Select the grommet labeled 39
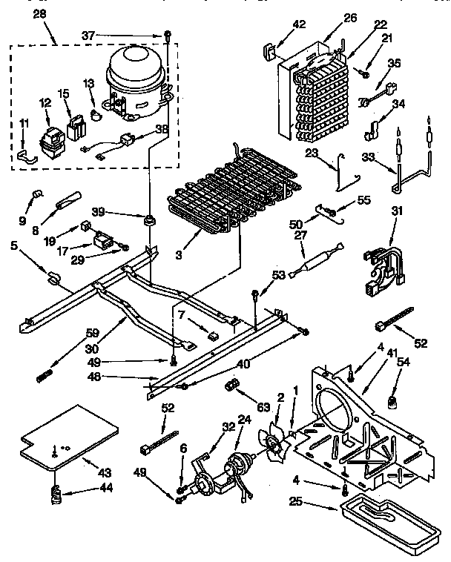click(x=151, y=220)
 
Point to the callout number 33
click(x=369, y=156)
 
